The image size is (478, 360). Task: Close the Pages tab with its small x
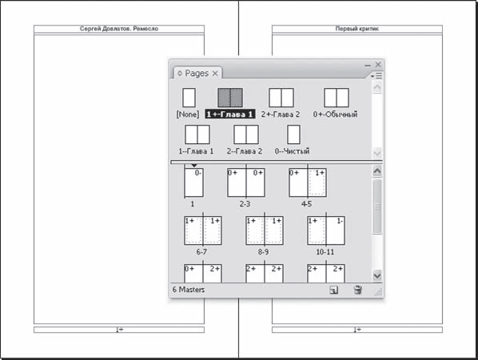coord(215,74)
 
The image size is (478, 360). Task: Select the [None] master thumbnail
coord(189,98)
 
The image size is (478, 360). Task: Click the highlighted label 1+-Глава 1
coord(229,114)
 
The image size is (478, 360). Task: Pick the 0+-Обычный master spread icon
coord(337,98)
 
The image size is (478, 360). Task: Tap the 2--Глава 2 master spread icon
coord(246,134)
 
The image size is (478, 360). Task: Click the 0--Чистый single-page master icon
coord(293,134)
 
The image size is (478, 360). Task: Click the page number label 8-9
coord(263,252)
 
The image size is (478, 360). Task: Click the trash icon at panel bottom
coord(357,290)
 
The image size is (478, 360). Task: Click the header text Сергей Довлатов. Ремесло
coord(119,29)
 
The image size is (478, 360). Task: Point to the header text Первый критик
coord(357,29)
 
